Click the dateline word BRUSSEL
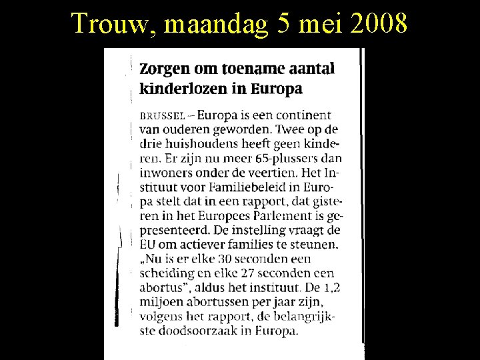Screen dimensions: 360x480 coord(159,115)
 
